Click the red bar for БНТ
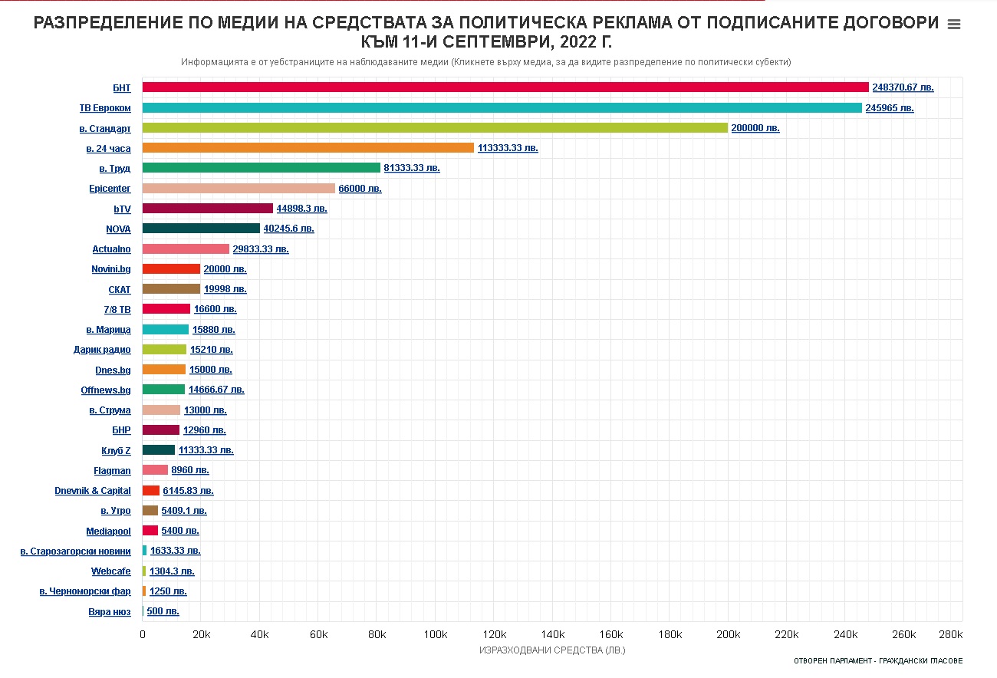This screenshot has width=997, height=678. (505, 87)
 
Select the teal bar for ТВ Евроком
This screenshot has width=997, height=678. (502, 108)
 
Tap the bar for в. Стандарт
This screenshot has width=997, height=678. (435, 128)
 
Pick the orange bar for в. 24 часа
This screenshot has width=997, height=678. (308, 148)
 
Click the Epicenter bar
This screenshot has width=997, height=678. (239, 189)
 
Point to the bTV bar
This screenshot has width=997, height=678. (208, 209)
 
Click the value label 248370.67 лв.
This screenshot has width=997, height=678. (903, 87)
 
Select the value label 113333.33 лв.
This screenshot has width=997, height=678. (508, 148)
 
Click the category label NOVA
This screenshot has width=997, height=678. (118, 229)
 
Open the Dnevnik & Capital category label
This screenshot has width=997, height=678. (93, 491)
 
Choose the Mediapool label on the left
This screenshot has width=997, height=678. (108, 532)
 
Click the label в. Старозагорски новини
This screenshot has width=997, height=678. (75, 551)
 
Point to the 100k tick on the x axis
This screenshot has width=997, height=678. (435, 634)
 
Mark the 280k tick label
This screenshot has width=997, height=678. (950, 634)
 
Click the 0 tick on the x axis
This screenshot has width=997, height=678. (143, 634)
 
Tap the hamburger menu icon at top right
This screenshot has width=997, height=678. (954, 25)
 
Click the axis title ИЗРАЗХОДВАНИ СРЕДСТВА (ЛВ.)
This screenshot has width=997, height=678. (552, 650)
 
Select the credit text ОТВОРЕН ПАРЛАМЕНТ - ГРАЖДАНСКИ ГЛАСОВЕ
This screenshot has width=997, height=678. (878, 661)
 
